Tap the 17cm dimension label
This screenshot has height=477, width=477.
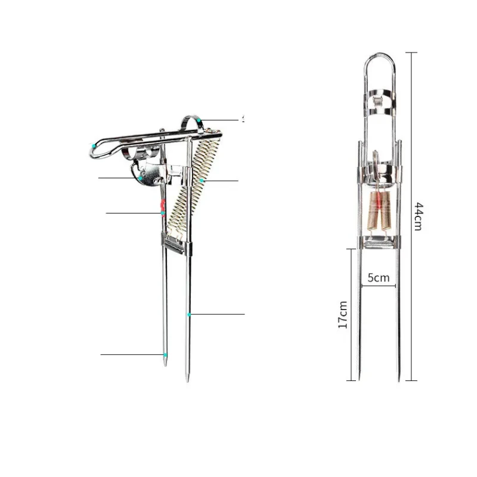pos(343,314)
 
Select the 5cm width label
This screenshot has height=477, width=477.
pos(378,277)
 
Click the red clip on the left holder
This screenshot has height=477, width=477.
pos(162,207)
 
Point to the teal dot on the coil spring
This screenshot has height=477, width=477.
pos(203,179)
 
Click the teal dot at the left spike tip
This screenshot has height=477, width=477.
pos(166,355)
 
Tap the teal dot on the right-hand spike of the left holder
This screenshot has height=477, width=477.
pos(189,314)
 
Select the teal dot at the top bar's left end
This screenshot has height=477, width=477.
pos(93,145)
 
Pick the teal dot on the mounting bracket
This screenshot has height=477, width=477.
pos(140,178)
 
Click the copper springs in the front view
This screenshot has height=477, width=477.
pos(379,212)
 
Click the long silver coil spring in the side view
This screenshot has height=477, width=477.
pos(194,185)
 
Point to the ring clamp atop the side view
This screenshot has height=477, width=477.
pos(193,122)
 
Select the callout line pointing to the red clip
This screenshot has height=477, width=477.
pos(132,213)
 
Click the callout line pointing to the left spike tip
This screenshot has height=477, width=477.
pos(131,355)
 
